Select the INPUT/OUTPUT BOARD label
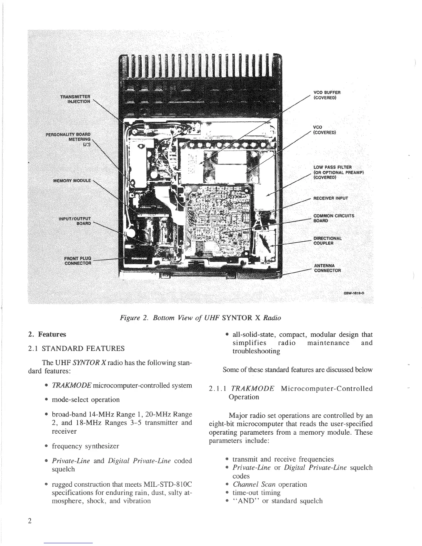point(75,221)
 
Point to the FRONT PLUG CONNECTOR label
point(78,261)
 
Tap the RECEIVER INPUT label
point(330,198)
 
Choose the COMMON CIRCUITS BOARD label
point(333,218)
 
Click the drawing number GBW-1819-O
point(354,293)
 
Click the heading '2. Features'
point(47,334)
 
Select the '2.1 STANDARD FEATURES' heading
point(76,348)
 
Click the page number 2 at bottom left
point(30,521)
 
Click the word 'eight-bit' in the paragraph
point(224,424)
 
